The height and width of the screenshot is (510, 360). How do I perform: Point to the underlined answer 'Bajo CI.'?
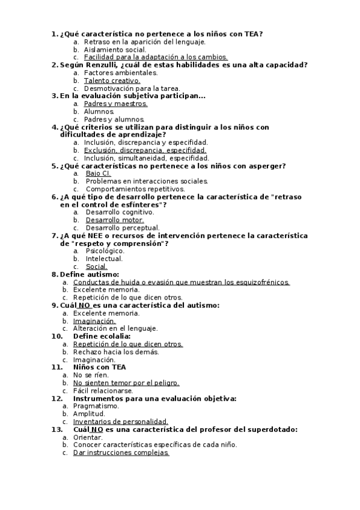[99, 173]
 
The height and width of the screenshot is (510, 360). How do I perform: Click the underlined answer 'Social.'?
[96, 266]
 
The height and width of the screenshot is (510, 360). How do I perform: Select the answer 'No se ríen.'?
[91, 375]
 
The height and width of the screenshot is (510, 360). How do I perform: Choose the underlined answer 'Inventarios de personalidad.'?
[120, 422]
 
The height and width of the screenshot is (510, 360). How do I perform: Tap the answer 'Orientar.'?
[88, 437]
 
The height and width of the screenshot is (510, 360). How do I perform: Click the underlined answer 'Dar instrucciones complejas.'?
[121, 453]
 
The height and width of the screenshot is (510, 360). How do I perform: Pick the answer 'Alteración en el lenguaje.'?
[115, 328]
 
